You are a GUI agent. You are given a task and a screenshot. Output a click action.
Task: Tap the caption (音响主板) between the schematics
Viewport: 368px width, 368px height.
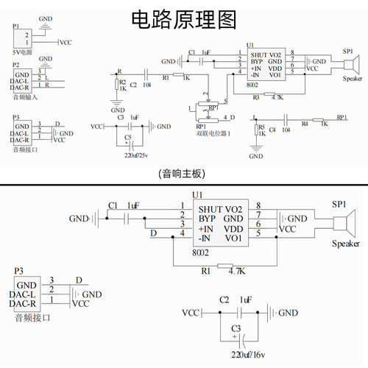(x=182, y=174)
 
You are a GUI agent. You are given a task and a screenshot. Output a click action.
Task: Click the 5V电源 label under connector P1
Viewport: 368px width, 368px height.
(x=22, y=54)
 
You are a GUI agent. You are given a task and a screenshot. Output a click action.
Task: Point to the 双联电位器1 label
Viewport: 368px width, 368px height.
(x=214, y=132)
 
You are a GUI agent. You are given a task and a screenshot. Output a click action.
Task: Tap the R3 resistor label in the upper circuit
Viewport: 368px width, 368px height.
(x=256, y=96)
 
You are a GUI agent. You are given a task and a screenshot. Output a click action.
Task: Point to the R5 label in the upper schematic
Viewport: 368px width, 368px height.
(x=261, y=127)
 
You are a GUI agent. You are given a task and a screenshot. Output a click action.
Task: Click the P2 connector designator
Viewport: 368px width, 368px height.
(x=16, y=65)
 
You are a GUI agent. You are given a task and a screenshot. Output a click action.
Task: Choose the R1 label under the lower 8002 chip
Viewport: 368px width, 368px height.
(x=206, y=271)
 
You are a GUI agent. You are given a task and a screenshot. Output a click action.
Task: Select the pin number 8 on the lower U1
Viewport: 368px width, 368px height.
(x=258, y=205)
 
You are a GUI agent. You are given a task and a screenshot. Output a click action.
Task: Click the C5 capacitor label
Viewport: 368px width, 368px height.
(x=128, y=137)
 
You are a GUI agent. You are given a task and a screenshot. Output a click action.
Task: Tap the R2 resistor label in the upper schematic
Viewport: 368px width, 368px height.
(x=123, y=82)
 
